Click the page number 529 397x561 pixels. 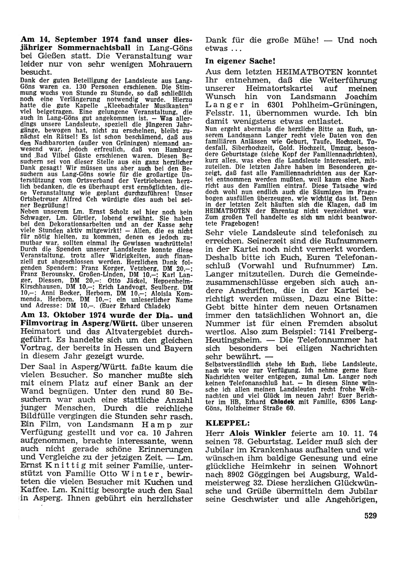click(370, 515)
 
